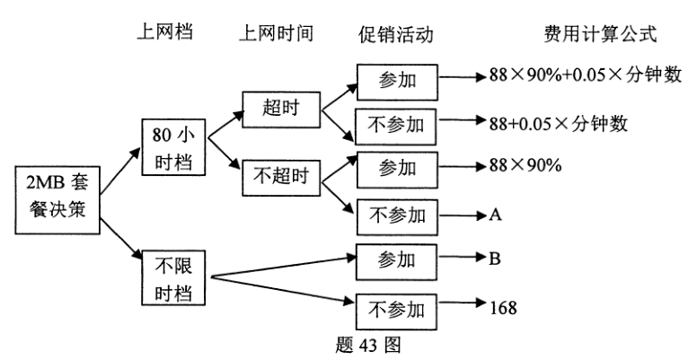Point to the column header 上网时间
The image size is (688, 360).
[x=275, y=33]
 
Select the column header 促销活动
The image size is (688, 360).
[x=396, y=34]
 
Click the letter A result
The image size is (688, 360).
[x=495, y=216]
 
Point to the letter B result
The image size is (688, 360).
[x=494, y=260]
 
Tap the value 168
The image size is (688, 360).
[x=502, y=307]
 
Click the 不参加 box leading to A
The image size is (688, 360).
[x=396, y=216]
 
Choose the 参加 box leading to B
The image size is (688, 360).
[x=396, y=261]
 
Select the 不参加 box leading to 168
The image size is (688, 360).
[x=396, y=308]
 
